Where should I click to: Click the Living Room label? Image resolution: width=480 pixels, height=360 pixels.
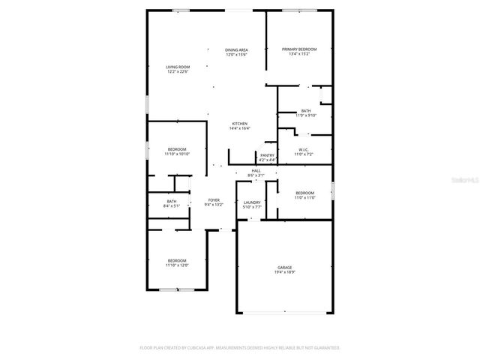point(178,67)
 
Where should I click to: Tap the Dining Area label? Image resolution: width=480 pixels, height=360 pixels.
point(236,50)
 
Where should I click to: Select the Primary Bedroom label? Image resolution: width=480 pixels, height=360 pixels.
point(299,49)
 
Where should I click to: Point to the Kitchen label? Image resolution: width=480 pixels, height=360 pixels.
point(240,124)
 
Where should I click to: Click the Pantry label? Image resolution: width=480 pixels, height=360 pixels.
point(267,155)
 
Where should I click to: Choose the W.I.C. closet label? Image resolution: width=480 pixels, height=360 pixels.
point(304,149)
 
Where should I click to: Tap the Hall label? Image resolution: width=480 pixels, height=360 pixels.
point(256,171)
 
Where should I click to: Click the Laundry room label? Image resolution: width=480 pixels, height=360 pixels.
point(252,202)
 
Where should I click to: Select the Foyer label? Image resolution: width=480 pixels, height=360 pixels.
point(214,200)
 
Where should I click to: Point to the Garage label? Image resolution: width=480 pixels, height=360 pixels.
point(284,267)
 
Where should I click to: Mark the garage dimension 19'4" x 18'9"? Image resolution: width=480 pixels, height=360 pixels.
point(284,272)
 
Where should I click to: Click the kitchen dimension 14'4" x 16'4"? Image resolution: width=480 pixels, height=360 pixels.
point(240,128)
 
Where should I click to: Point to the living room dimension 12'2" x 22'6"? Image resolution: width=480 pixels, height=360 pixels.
point(178,72)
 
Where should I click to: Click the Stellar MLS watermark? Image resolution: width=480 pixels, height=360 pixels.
point(466,181)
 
